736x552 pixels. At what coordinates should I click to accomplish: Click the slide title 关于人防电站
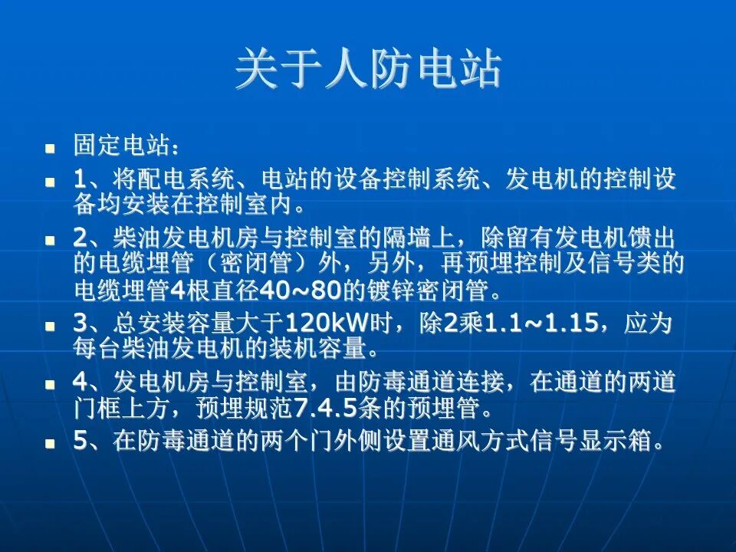pyautogui.click(x=368, y=70)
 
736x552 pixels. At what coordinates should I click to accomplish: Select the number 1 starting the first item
pyautogui.click(x=80, y=180)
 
